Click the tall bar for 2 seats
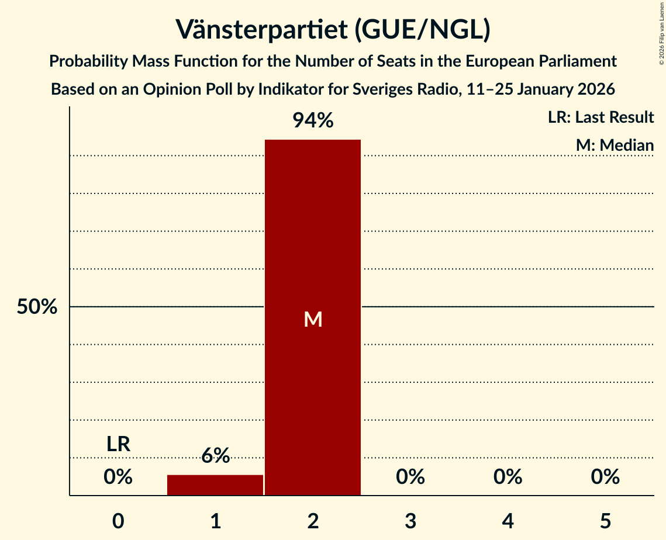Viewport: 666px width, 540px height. click(313, 234)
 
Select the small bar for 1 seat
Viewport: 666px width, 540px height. click(215, 485)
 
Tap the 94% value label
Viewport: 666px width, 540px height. click(313, 121)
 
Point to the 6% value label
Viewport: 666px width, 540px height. click(215, 456)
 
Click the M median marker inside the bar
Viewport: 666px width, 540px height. click(313, 319)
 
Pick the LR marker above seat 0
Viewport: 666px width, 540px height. click(118, 444)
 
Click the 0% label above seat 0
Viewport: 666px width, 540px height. click(118, 477)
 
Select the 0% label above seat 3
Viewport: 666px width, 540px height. click(410, 477)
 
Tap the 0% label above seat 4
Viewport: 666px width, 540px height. click(508, 477)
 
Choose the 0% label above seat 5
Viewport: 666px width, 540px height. click(605, 477)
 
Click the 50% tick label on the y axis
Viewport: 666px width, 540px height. click(37, 307)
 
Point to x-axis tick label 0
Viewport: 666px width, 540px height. click(118, 521)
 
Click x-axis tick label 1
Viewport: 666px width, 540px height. click(215, 521)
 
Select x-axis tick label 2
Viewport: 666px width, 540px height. click(313, 521)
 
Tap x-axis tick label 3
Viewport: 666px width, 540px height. click(410, 521)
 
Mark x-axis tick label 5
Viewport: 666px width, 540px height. click(605, 521)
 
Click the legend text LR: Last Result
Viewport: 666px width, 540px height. click(601, 117)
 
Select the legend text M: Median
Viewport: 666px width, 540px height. click(615, 145)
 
